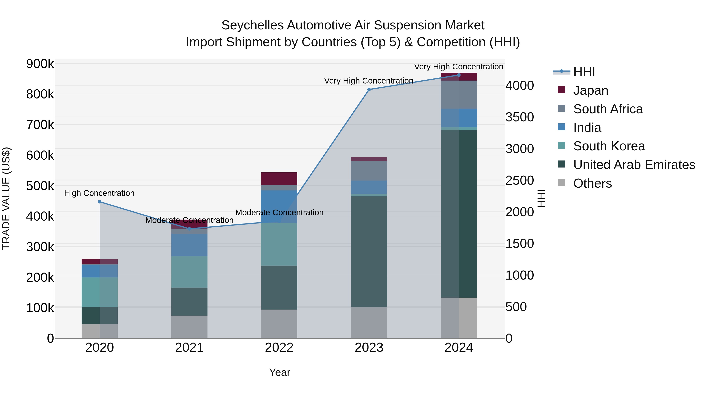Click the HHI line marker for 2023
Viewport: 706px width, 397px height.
coord(369,90)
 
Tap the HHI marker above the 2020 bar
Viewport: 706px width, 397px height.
coord(99,202)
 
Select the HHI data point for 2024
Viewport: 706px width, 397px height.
coord(459,75)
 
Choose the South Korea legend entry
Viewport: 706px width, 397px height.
coord(609,146)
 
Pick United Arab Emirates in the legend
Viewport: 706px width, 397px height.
coord(634,165)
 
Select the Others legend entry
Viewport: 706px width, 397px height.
coord(592,183)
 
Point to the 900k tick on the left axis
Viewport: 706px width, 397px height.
coord(40,64)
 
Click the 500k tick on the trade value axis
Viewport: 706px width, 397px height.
coord(40,186)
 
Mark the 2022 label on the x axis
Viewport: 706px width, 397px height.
coord(279,348)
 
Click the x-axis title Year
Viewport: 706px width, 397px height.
coord(279,372)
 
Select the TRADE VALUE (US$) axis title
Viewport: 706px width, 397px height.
coord(6,198)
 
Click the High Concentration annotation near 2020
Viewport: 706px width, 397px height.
coord(99,193)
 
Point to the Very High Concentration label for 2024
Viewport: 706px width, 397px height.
coord(459,67)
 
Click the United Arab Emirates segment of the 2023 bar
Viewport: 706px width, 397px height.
coord(369,252)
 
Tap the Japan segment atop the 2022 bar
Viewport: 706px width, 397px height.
coord(279,179)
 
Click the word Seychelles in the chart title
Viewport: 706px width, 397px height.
coord(252,25)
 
